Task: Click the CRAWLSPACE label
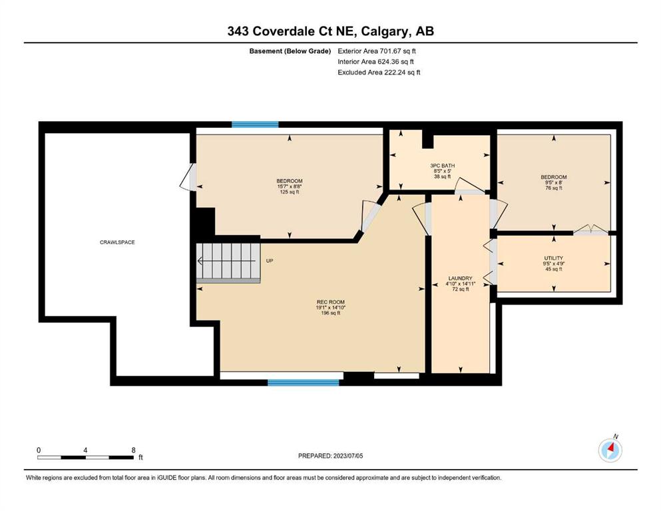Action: pos(117,242)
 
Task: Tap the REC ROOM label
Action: pos(330,301)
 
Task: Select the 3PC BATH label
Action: pos(442,166)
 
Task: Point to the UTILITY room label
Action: pos(554,257)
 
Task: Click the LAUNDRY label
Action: pos(461,278)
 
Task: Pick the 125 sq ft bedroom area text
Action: pos(289,192)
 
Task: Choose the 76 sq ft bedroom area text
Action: pos(554,188)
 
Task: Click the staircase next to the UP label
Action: pos(228,263)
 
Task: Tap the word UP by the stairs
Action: pos(270,261)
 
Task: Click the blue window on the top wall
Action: pos(255,124)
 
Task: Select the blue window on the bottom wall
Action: pos(304,383)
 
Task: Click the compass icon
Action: pos(610,450)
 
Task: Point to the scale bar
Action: pos(87,457)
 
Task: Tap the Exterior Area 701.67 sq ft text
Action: pos(377,51)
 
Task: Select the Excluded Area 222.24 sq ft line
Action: pos(379,72)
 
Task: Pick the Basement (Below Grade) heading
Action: pos(290,51)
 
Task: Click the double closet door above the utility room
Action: pos(590,230)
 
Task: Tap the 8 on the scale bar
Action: pos(134,450)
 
